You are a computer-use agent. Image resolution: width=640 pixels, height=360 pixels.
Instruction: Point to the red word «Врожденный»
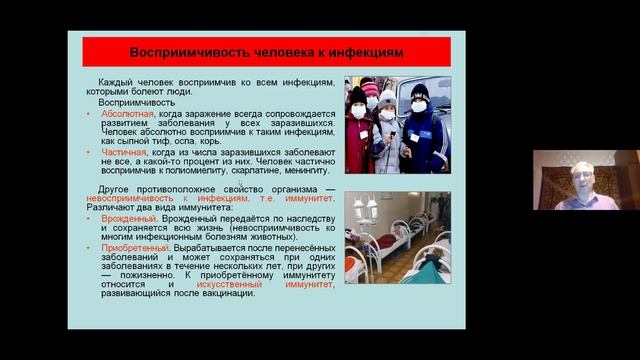coord(127,216)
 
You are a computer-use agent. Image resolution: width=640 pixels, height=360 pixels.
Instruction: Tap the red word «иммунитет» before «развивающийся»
coord(301,283)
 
